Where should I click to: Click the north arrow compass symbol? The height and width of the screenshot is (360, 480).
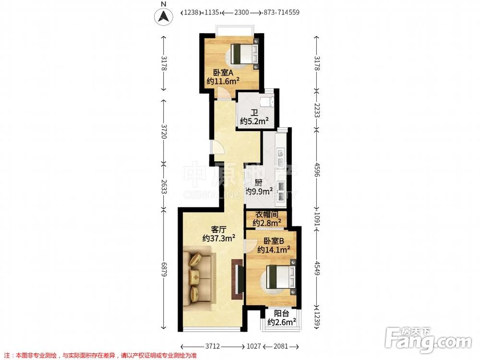163,16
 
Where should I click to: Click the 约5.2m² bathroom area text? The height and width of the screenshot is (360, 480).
254,121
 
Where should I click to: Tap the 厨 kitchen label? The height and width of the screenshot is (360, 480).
258,183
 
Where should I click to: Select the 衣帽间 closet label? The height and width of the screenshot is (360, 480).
266,215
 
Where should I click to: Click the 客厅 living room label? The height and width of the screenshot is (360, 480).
218,229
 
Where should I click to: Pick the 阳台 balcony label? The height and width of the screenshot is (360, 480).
281,313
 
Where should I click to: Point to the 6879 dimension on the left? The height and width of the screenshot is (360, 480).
164,269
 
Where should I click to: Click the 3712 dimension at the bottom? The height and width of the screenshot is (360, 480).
213,346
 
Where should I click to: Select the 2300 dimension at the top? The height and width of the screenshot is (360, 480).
241,12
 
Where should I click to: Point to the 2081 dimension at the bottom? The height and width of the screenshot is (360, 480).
280,346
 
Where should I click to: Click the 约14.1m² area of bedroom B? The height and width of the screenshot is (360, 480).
274,250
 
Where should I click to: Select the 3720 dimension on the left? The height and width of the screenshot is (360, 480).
164,131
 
